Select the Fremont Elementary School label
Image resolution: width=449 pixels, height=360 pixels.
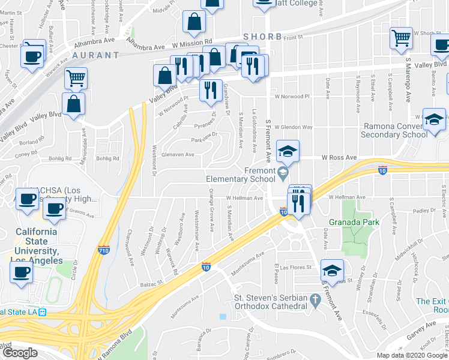240,175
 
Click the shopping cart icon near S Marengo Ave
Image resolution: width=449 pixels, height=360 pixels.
401,37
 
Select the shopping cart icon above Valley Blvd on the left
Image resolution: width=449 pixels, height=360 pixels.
76,77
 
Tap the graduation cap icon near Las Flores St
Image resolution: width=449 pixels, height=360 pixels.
332,270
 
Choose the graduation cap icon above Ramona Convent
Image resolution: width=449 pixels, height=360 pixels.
433,119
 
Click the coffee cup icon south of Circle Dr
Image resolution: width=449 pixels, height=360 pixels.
21,272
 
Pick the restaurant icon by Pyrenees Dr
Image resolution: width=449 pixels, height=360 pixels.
210,90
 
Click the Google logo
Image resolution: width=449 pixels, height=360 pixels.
19,353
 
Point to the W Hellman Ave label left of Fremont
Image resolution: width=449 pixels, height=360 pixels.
244,197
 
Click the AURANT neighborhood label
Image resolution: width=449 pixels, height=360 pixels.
96,55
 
